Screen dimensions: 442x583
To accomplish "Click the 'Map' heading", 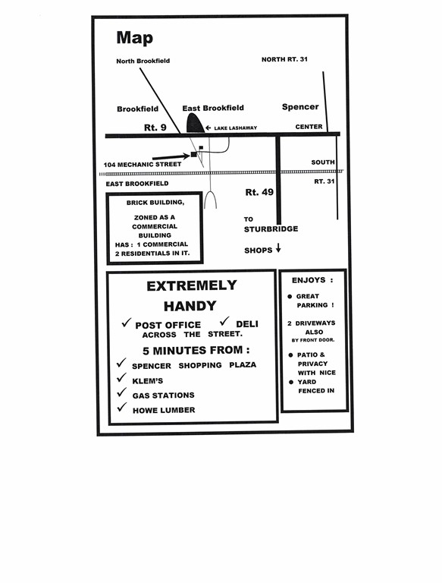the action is (x=134, y=38).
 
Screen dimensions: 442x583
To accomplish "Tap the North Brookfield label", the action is (x=143, y=61).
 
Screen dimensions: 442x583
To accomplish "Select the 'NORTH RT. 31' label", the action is (x=284, y=59).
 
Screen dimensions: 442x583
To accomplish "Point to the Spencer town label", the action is (x=300, y=107).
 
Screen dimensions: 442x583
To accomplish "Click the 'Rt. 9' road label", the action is (x=155, y=128).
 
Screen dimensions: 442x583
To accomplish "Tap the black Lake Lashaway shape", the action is (x=196, y=123).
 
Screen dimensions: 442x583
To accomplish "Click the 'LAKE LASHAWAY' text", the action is (x=236, y=128).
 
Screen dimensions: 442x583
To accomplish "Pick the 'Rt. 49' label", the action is (x=259, y=192).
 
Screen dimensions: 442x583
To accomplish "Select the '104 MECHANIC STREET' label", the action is (x=143, y=164).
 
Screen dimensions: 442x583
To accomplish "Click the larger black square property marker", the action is (x=193, y=154).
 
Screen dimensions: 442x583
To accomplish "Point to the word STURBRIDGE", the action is (x=271, y=229).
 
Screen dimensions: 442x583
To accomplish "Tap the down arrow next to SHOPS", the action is (x=278, y=248).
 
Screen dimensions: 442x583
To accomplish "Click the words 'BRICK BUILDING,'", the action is (x=155, y=203).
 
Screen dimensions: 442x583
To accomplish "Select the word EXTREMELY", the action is (x=192, y=285).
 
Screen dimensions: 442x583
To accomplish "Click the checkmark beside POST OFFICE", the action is (x=127, y=323).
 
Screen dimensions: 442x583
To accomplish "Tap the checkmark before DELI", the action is (x=224, y=321).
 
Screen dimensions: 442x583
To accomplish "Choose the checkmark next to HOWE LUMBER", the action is (x=121, y=407).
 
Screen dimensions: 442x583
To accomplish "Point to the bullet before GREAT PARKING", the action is (x=290, y=296).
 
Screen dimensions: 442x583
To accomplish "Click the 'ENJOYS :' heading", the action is (x=312, y=280).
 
